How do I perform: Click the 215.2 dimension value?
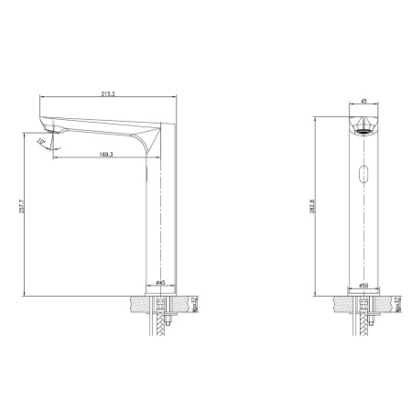click(x=108, y=92)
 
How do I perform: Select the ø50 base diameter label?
click(x=363, y=284)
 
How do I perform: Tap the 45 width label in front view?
click(x=363, y=103)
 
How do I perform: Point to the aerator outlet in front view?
click(x=363, y=130)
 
